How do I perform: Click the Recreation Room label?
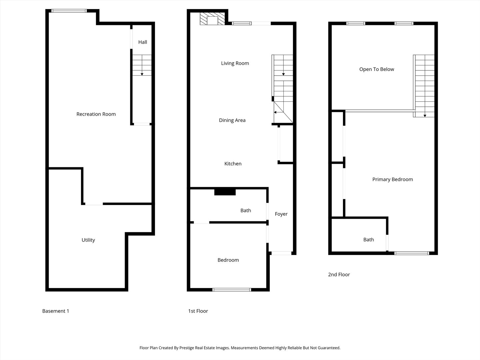click(96, 114)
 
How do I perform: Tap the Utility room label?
click(88, 240)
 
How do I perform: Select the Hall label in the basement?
click(143, 42)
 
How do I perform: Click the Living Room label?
click(235, 63)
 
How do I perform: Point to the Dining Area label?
click(232, 120)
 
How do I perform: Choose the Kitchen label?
click(233, 164)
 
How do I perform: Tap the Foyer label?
click(281, 214)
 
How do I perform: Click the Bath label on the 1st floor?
click(246, 210)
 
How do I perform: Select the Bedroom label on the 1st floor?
click(228, 260)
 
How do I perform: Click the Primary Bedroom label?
click(393, 179)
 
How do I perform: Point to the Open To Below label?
click(377, 69)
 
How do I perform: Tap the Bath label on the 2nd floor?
click(368, 240)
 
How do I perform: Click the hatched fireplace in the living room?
click(212, 19)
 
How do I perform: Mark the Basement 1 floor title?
click(56, 311)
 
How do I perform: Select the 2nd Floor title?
click(339, 275)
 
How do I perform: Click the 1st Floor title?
click(198, 311)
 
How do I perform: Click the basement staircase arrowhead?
click(142, 74)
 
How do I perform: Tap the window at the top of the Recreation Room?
click(69, 11)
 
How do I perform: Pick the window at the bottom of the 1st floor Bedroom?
click(232, 290)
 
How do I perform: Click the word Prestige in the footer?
click(187, 348)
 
